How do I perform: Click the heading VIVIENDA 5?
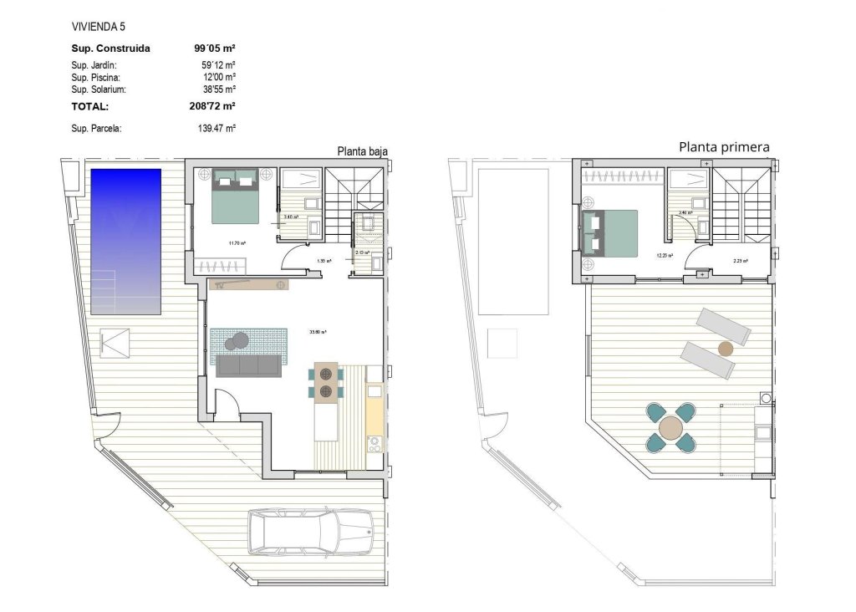click(99, 27)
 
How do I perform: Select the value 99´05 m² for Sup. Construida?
click(214, 48)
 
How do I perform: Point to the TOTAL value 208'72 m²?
click(212, 107)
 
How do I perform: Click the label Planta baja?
click(362, 151)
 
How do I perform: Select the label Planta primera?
click(724, 147)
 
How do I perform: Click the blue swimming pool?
click(125, 241)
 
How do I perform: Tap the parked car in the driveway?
click(310, 532)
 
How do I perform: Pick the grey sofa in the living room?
click(248, 365)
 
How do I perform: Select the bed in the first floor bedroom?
click(610, 232)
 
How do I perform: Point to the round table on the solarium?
click(670, 429)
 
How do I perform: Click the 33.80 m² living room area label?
click(318, 332)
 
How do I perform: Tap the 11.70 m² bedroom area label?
click(237, 243)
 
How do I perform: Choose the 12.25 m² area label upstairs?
click(665, 256)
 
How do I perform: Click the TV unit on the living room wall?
click(249, 285)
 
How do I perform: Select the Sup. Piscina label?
click(96, 77)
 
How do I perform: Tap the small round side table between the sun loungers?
click(726, 348)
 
